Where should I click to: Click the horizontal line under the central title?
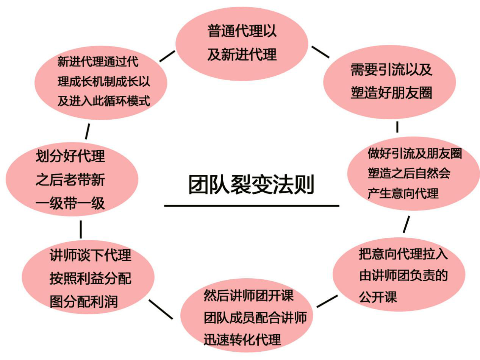point(251,206)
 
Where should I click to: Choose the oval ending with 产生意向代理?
point(413,173)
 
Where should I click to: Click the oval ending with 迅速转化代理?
point(248,318)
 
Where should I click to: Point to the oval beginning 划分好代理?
point(72,179)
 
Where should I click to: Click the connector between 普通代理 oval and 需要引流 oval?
point(320,52)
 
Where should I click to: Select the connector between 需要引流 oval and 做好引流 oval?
point(397,127)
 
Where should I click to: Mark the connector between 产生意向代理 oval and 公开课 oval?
point(406,224)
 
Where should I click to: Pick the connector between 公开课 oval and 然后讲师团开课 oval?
point(327,301)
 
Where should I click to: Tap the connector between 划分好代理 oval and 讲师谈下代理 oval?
point(81,229)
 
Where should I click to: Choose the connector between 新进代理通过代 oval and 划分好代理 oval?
point(88,131)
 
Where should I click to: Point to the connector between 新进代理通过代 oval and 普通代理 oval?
point(167,56)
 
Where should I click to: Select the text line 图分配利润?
point(84,302)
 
